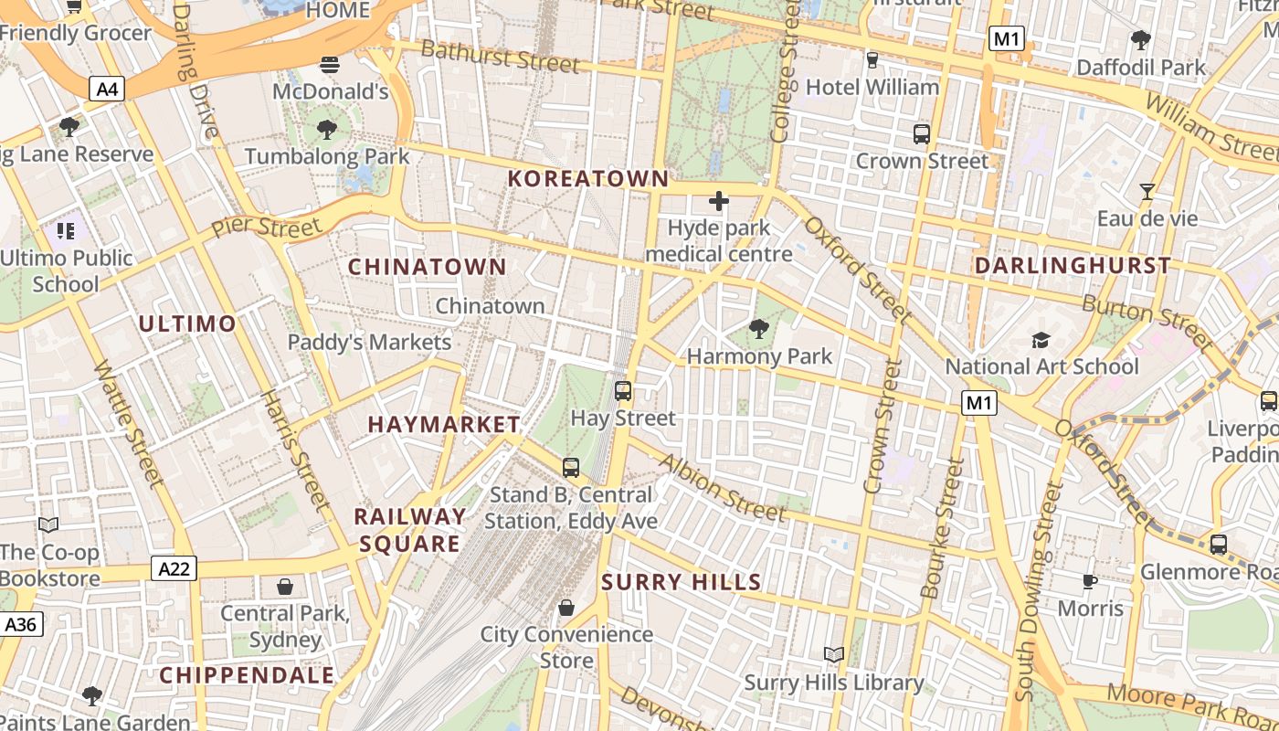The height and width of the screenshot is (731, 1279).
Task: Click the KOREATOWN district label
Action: coord(588,179)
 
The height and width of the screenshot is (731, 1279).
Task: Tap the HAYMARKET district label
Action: coord(444,425)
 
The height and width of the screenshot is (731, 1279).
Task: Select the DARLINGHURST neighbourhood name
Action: coord(1073,266)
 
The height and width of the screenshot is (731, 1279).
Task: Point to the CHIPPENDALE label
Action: coord(247,676)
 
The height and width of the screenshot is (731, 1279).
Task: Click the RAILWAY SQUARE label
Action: coord(409,530)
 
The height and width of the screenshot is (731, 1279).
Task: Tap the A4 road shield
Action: coord(107,89)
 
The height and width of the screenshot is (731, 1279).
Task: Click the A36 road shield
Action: coord(20,625)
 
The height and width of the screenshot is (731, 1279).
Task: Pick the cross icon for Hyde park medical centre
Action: coord(719,201)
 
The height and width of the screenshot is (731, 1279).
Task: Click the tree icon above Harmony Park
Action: coord(758,328)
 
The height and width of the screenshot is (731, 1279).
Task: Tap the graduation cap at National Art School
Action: coord(1041,340)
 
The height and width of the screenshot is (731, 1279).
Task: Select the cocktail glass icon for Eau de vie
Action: coord(1147,191)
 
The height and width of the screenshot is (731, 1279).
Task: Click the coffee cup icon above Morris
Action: coord(1090,581)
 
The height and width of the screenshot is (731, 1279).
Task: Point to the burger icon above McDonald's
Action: coord(330,64)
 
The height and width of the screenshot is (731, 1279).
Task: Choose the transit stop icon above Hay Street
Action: coord(623,391)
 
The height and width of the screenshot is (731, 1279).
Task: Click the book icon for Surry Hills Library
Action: coord(833,655)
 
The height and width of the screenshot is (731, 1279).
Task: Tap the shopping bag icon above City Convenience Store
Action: coord(566,608)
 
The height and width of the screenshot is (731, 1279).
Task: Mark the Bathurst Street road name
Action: coord(500,57)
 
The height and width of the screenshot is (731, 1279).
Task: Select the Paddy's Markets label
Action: coord(369,343)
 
